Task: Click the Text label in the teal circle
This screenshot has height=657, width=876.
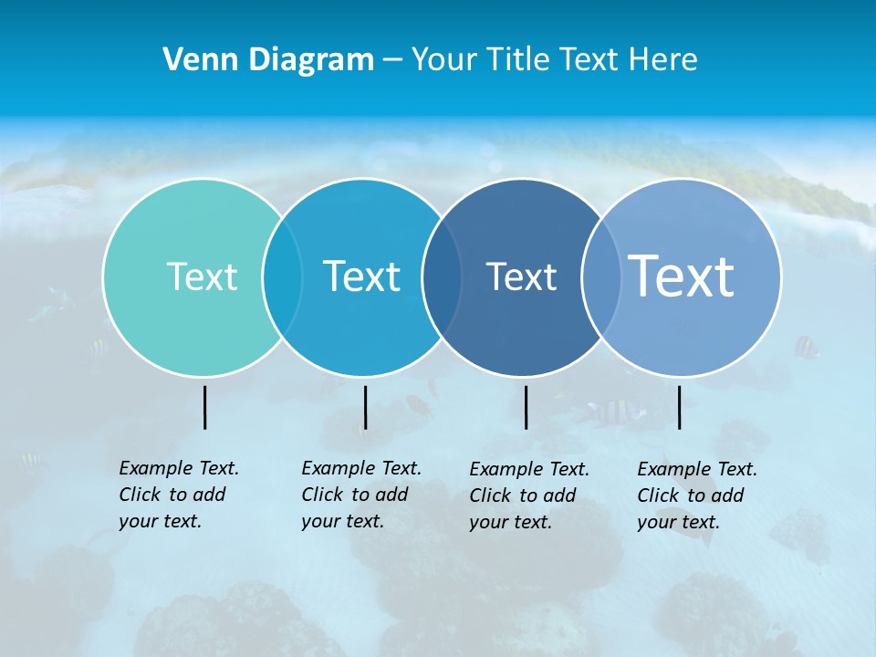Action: point(202,276)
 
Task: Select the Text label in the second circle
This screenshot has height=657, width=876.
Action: point(361,276)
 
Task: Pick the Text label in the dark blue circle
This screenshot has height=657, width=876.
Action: point(521,276)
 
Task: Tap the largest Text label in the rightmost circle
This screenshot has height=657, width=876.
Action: point(682,276)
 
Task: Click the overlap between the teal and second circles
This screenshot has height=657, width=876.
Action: point(282,277)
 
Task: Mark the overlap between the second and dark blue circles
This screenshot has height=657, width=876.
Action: point(442,277)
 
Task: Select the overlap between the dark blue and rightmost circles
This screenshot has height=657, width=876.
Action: point(599,277)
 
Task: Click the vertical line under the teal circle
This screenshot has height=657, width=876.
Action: point(205,407)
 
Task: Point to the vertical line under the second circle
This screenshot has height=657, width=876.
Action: point(365,407)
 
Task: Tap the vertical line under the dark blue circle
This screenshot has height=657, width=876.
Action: point(526,407)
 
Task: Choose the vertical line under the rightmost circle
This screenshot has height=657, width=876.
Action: point(680,407)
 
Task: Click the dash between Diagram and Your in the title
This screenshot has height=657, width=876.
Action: point(392,61)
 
